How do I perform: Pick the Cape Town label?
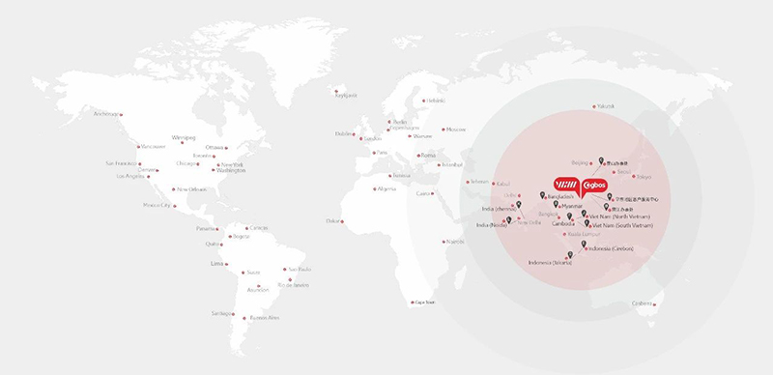pos(424,302)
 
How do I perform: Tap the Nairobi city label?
pos(455,241)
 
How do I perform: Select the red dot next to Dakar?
pos(343,220)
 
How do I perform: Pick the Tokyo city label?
pos(644,177)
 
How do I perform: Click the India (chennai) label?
pos(501,208)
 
